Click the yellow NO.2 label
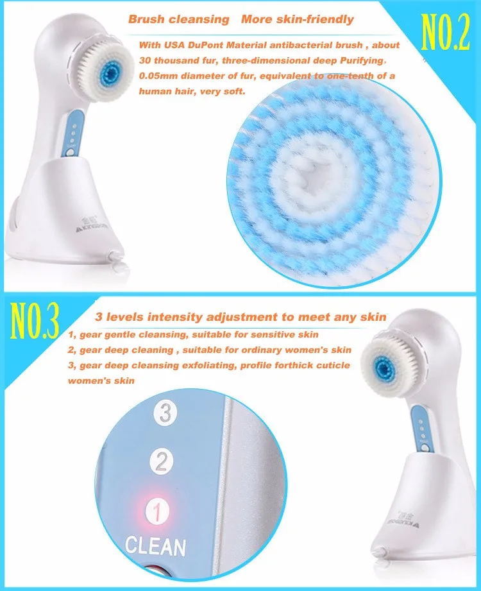click(445, 32)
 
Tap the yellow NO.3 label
click(35, 320)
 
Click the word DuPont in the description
click(206, 45)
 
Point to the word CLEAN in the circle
click(156, 546)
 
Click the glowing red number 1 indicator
click(157, 511)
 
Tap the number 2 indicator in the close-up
click(162, 462)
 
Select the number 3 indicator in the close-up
click(165, 413)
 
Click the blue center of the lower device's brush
click(384, 367)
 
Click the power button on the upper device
click(70, 153)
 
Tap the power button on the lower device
click(425, 449)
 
